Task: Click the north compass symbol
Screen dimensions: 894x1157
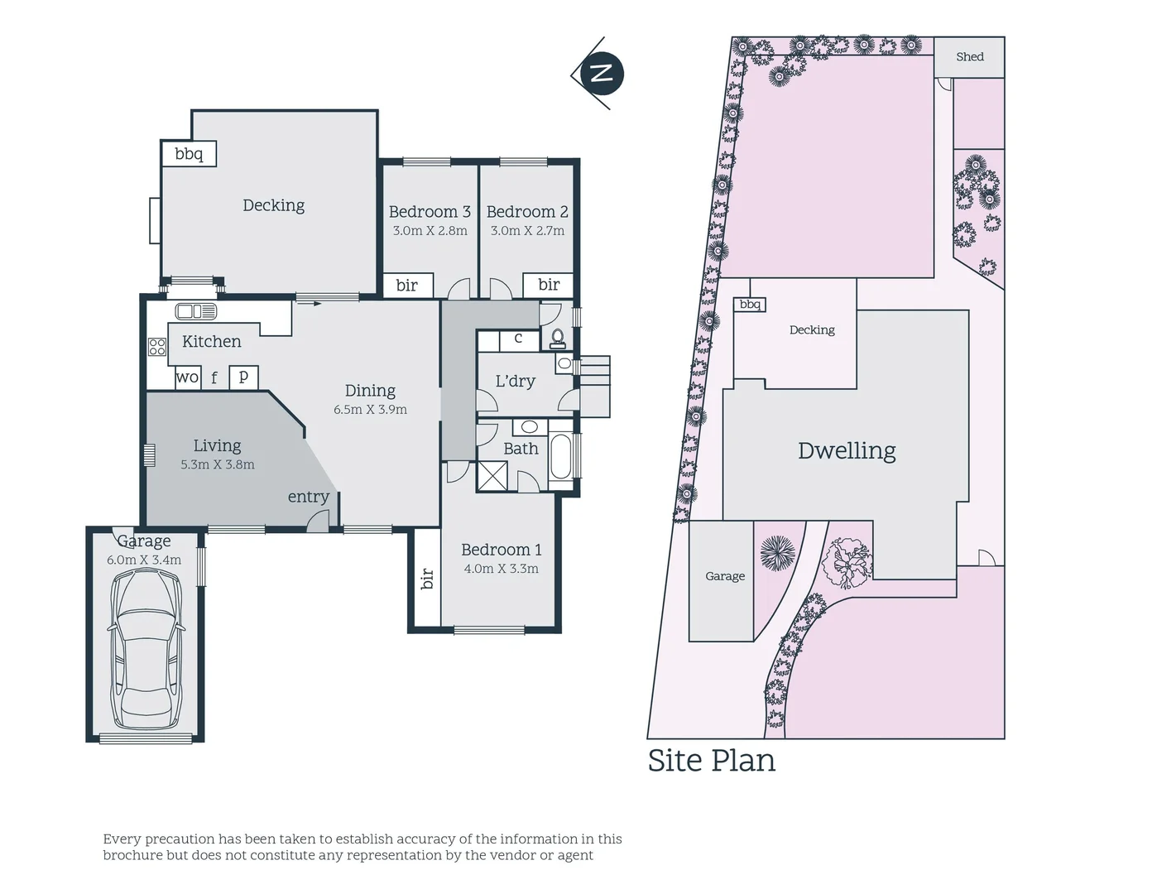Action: pyautogui.click(x=601, y=74)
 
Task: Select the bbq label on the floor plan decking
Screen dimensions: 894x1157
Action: pyautogui.click(x=189, y=154)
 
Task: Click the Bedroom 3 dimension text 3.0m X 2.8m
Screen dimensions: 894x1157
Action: pyautogui.click(x=430, y=231)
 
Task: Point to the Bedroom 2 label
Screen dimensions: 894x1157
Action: pyautogui.click(x=527, y=212)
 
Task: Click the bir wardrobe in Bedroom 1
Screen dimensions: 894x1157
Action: pyautogui.click(x=427, y=578)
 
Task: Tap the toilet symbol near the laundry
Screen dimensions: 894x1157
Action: pyautogui.click(x=558, y=338)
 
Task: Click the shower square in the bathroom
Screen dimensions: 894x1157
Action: pyautogui.click(x=495, y=478)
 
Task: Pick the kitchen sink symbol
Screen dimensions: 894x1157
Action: pyautogui.click(x=196, y=312)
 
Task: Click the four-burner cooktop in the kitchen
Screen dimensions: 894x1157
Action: pyautogui.click(x=157, y=347)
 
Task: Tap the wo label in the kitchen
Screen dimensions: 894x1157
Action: pyautogui.click(x=187, y=377)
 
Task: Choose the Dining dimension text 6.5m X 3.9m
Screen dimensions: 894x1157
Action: pyautogui.click(x=370, y=410)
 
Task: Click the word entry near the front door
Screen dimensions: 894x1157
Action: pyautogui.click(x=308, y=497)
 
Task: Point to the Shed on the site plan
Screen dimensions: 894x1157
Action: pyautogui.click(x=969, y=57)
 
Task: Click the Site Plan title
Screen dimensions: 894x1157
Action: pyautogui.click(x=711, y=761)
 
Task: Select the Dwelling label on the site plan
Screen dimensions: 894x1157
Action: pyautogui.click(x=847, y=451)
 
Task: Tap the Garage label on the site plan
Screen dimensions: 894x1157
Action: pyautogui.click(x=725, y=576)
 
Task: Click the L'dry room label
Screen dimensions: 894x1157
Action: pyautogui.click(x=515, y=382)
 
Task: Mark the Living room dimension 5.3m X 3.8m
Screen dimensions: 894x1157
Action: pyautogui.click(x=218, y=465)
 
